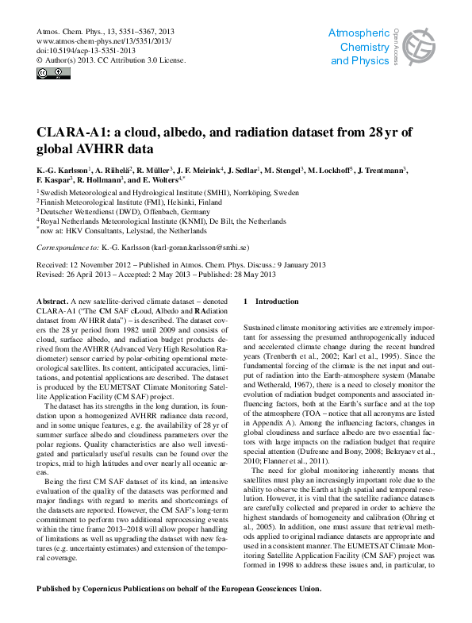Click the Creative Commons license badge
coord(48,74)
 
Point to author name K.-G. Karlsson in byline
coord(63,171)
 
